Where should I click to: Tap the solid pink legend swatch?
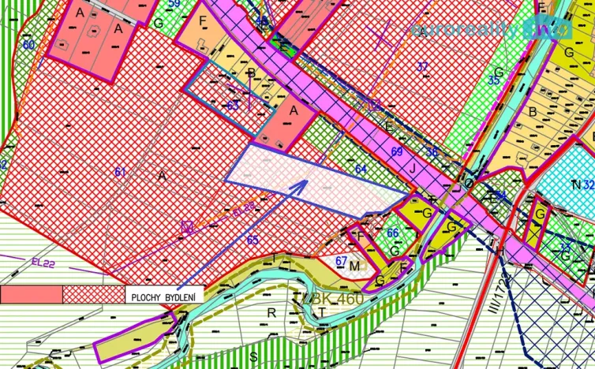point(32,295)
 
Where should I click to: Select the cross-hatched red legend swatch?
point(92,295)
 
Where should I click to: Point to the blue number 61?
point(120,172)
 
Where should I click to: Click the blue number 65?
point(253,240)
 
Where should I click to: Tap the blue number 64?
point(361,169)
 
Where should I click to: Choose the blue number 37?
point(422,66)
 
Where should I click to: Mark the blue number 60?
point(28,45)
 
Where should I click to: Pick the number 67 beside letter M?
point(341,261)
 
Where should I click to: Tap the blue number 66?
point(392,233)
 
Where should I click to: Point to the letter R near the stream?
point(271,312)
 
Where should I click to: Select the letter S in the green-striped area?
point(253,356)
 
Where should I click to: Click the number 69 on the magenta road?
point(396,151)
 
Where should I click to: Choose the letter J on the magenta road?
point(411,167)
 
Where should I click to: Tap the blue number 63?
point(233,104)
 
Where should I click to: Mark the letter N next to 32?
point(575,184)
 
